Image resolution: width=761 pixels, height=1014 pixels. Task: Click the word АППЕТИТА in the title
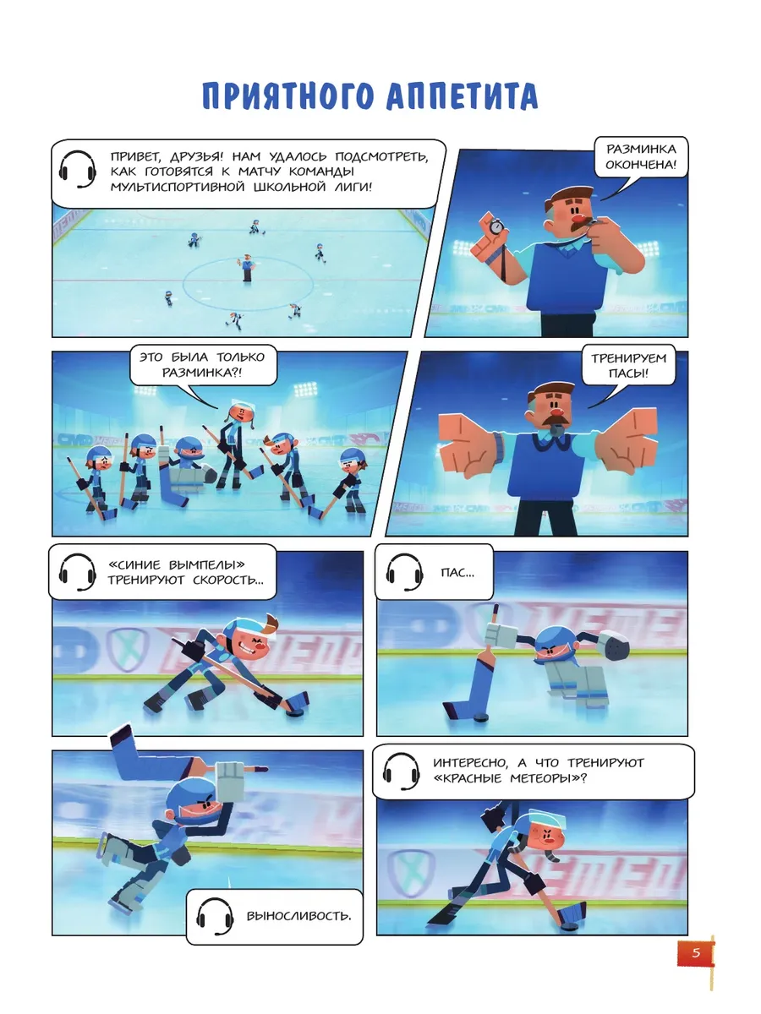pos(462,96)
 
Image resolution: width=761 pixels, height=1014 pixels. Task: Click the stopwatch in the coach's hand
pos(495,226)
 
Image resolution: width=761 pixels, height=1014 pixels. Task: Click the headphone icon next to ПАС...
pos(405,572)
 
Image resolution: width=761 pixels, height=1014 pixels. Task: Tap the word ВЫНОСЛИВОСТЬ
pos(299,916)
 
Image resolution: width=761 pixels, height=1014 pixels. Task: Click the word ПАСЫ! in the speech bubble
pos(628,373)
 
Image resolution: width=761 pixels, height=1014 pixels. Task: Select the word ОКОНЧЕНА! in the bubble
pos(641,165)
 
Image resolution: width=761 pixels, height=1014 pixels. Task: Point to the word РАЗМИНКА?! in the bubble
pos(202,373)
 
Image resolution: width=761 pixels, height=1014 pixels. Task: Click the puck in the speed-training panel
pos(293,713)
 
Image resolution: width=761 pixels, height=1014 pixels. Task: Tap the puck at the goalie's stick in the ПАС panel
pos(481,717)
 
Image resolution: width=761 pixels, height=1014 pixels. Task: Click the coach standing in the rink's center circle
pos(248,268)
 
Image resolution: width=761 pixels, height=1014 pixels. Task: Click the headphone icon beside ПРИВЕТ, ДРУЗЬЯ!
pos(78,169)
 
